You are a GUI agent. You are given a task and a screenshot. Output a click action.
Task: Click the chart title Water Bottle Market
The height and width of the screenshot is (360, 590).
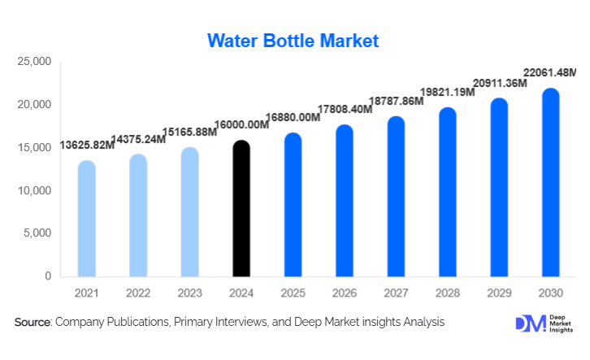coord(293,41)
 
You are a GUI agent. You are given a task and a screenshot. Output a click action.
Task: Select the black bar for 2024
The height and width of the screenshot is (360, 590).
coord(241,209)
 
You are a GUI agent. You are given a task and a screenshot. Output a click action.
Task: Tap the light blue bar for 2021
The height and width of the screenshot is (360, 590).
coord(87,219)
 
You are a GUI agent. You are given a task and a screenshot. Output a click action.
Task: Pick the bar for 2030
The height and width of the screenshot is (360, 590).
coord(551,183)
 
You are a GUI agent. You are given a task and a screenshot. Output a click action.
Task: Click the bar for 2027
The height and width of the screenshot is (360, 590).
coord(397,197)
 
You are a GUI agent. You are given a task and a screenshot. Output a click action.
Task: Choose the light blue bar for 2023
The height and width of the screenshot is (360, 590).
coord(190,212)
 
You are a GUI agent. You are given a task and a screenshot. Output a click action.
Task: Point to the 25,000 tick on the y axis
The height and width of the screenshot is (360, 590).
coord(35,62)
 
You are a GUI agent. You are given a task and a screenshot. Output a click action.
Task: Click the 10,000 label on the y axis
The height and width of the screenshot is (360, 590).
coord(35,191)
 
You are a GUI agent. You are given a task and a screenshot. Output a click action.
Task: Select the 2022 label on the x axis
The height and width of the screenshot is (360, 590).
coord(138,292)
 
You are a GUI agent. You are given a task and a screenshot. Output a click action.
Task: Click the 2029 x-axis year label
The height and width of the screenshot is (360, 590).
coord(500,292)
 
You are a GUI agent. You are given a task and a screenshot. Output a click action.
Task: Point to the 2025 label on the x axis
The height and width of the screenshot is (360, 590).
coord(293,292)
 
